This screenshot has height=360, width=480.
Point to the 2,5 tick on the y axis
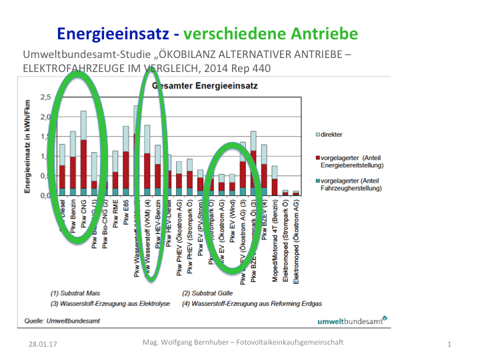click(x=45, y=97)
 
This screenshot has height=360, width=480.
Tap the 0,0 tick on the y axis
click(x=45, y=196)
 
